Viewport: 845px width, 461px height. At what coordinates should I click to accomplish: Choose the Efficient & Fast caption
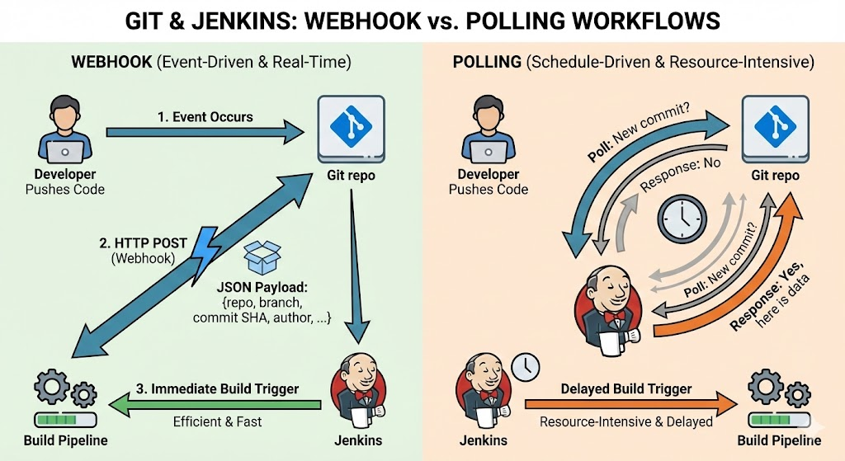[x=217, y=422]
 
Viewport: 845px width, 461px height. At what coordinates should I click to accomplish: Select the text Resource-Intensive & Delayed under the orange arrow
[x=625, y=422]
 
